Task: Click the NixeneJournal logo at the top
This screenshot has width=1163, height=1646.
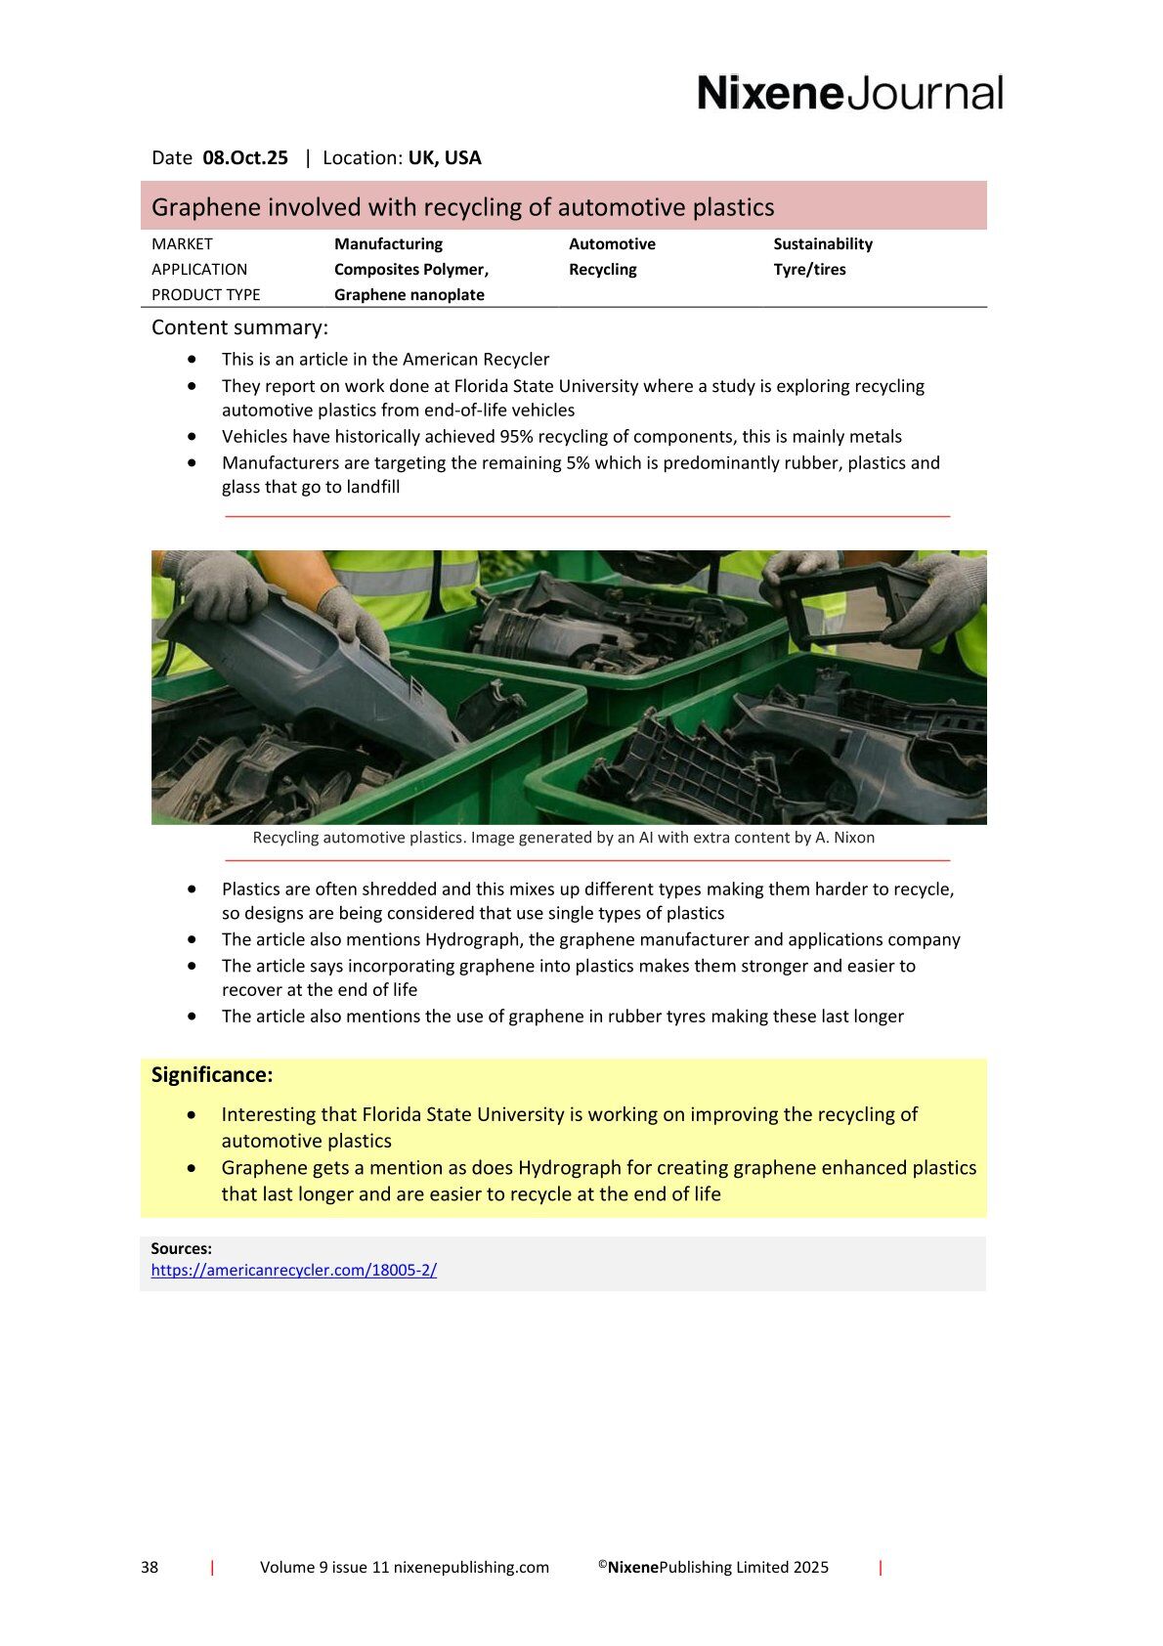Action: tap(849, 93)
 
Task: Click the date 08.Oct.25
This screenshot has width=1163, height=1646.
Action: tap(245, 158)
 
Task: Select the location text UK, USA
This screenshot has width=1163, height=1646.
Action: tap(445, 158)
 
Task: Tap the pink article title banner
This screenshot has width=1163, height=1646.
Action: tap(563, 207)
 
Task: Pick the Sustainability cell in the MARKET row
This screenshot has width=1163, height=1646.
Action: tap(822, 244)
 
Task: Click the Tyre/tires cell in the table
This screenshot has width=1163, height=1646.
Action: tap(809, 270)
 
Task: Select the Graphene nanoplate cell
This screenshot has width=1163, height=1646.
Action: tap(409, 295)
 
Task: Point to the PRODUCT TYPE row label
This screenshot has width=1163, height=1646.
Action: tap(205, 295)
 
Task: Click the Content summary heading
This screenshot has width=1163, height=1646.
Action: tap(239, 327)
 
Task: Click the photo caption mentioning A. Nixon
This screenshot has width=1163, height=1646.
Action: tap(563, 838)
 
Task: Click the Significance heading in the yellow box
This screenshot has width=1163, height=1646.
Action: tap(212, 1075)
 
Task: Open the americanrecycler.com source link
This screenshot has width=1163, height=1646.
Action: tap(293, 1271)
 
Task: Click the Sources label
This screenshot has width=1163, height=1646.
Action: tap(181, 1248)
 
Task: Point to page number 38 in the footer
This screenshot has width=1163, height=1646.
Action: tap(150, 1568)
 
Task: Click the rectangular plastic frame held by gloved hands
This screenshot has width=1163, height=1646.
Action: tap(850, 606)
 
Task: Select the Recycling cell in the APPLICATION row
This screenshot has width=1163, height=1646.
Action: tap(602, 270)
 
